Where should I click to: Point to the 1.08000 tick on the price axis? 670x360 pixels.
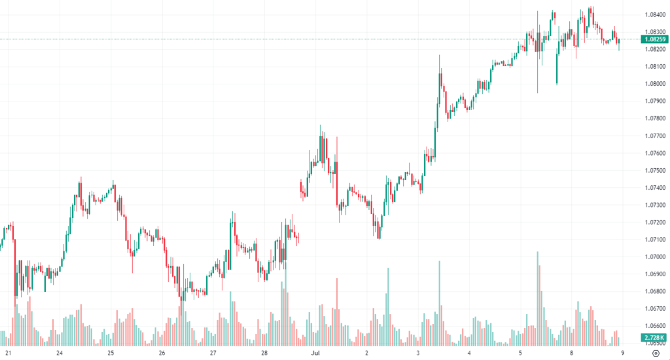(x=656, y=83)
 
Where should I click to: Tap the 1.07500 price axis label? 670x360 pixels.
(x=656, y=170)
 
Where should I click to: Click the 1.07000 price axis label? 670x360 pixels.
(x=656, y=257)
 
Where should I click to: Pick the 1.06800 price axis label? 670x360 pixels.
(x=656, y=291)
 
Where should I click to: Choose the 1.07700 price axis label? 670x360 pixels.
(x=656, y=135)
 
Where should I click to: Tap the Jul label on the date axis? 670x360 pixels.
(x=315, y=352)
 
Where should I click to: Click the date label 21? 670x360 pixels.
(x=9, y=352)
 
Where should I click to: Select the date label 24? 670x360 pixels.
(x=60, y=352)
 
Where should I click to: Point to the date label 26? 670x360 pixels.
(x=162, y=352)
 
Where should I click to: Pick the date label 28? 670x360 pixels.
(x=264, y=352)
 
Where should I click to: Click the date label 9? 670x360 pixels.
(x=622, y=352)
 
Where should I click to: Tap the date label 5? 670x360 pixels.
(x=521, y=352)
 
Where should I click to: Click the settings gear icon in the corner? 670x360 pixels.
(x=655, y=352)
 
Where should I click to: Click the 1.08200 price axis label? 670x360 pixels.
(x=656, y=48)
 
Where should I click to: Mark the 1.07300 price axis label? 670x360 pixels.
(x=656, y=205)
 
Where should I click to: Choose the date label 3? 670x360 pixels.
(x=417, y=352)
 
